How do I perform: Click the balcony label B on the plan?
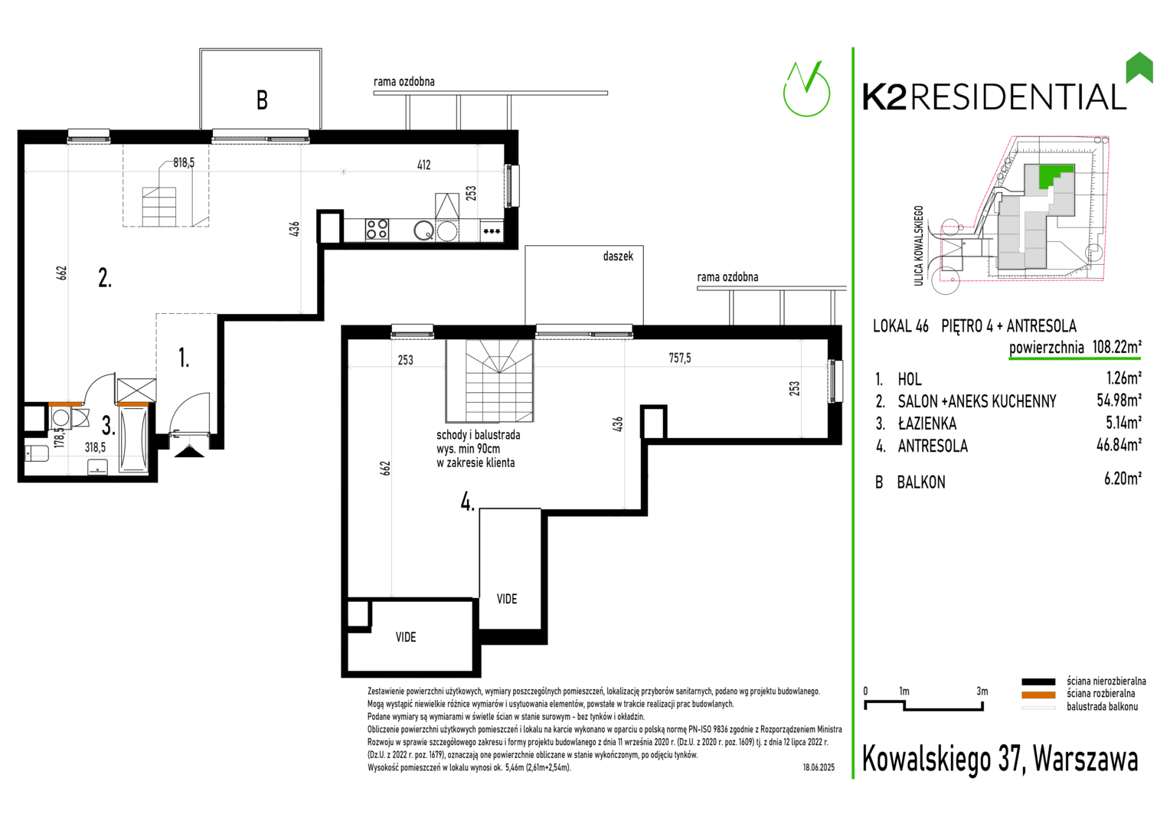(x=262, y=100)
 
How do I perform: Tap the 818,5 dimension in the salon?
(x=184, y=163)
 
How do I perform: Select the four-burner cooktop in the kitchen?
(x=377, y=230)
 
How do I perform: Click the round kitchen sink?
(x=423, y=230)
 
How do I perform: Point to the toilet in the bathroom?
(x=37, y=453)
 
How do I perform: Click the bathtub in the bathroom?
(x=134, y=440)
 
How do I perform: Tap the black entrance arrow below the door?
(x=189, y=450)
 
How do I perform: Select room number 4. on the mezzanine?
(x=468, y=502)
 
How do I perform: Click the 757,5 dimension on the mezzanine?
(x=679, y=358)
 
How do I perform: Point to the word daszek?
(x=618, y=256)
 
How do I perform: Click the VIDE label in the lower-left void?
(x=406, y=637)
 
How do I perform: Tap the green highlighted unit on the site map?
(x=1054, y=175)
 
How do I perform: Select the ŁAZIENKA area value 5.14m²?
(x=1123, y=422)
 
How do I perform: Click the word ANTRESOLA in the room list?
(x=933, y=446)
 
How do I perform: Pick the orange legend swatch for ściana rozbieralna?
(x=1038, y=695)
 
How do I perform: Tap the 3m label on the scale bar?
(x=982, y=691)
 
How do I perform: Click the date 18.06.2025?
(x=819, y=767)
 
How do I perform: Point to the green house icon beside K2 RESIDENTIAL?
(x=1139, y=68)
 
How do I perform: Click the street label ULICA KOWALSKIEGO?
(x=918, y=246)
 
